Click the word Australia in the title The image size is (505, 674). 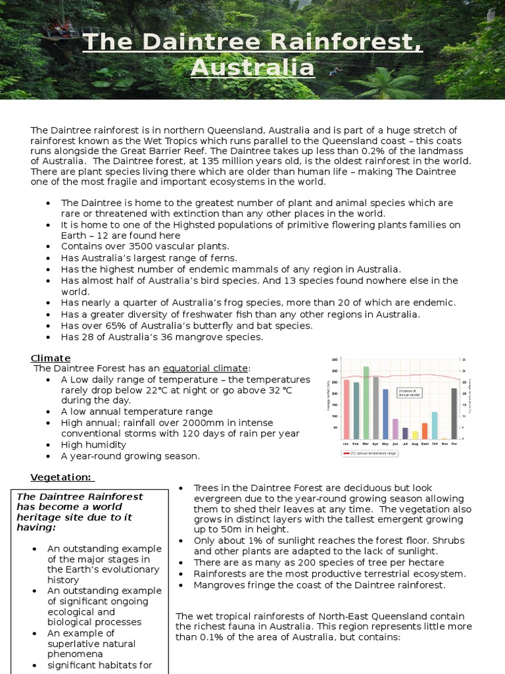(252, 67)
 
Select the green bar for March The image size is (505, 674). (366, 403)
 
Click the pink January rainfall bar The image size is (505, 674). (347, 409)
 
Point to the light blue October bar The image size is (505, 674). (435, 425)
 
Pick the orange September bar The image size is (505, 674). (425, 431)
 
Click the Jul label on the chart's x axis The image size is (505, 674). (405, 444)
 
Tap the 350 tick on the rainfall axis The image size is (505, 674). (335, 360)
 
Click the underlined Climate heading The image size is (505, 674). (51, 358)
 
